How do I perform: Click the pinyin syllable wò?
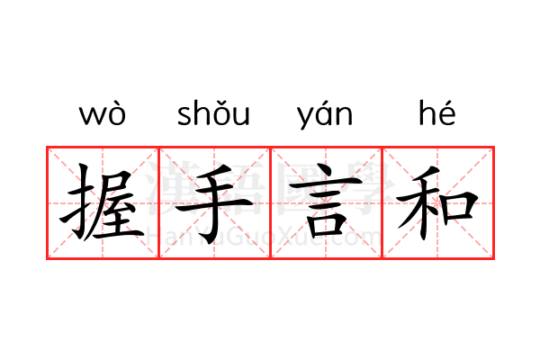click(103, 112)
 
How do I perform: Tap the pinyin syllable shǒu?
click(213, 112)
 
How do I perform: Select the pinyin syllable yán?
click(325, 114)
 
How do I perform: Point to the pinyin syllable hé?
click(437, 112)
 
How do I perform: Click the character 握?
click(102, 202)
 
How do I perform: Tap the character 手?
click(214, 203)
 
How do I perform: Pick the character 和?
click(437, 202)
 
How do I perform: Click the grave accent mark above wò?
click(115, 103)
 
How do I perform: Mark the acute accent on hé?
click(447, 103)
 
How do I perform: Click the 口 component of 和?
click(459, 207)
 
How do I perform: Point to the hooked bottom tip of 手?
click(206, 238)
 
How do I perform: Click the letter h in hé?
click(427, 112)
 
